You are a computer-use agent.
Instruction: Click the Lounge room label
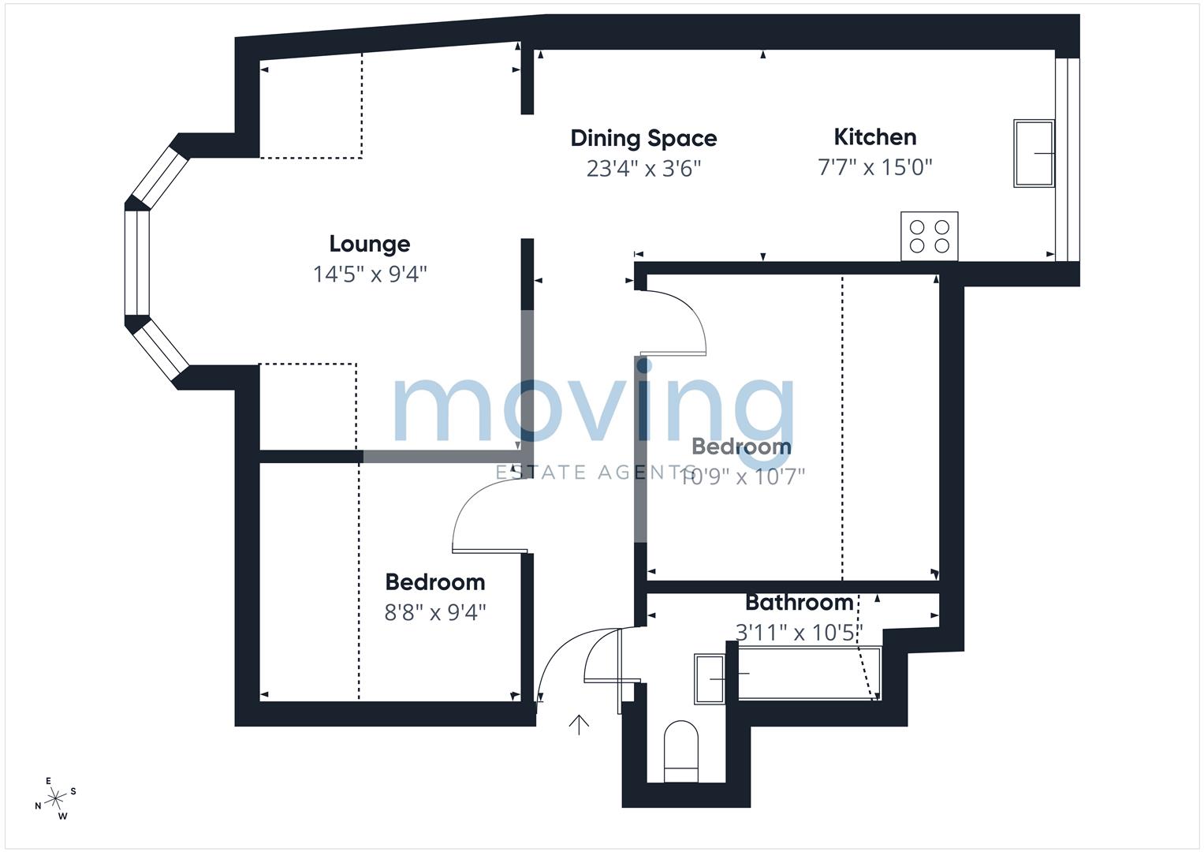[x=370, y=245]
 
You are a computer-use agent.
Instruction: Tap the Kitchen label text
[x=875, y=137]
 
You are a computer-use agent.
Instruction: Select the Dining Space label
[x=643, y=139]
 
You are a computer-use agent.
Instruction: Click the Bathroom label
[x=800, y=603]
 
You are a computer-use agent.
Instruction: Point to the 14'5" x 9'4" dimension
[x=370, y=275]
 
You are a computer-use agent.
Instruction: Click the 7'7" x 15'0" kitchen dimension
[x=875, y=167]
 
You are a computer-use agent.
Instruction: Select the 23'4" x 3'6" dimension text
[x=643, y=169]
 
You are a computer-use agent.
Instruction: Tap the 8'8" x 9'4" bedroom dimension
[x=434, y=612]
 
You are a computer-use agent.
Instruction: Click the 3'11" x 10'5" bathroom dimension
[x=800, y=633]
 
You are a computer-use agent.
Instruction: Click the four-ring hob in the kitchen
[x=930, y=236]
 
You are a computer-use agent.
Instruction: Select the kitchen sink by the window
[x=1034, y=153]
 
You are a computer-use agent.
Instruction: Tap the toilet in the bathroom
[x=681, y=751]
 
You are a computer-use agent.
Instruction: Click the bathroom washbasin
[x=710, y=678]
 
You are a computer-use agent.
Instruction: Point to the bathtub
[x=810, y=673]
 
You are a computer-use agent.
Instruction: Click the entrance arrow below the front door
[x=579, y=724]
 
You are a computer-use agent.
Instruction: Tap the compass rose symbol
[x=55, y=798]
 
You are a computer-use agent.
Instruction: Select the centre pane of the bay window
[x=137, y=263]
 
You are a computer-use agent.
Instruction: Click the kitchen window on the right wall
[x=1068, y=159]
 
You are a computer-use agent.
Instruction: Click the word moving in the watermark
[x=594, y=410]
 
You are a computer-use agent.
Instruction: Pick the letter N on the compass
[x=38, y=805]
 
